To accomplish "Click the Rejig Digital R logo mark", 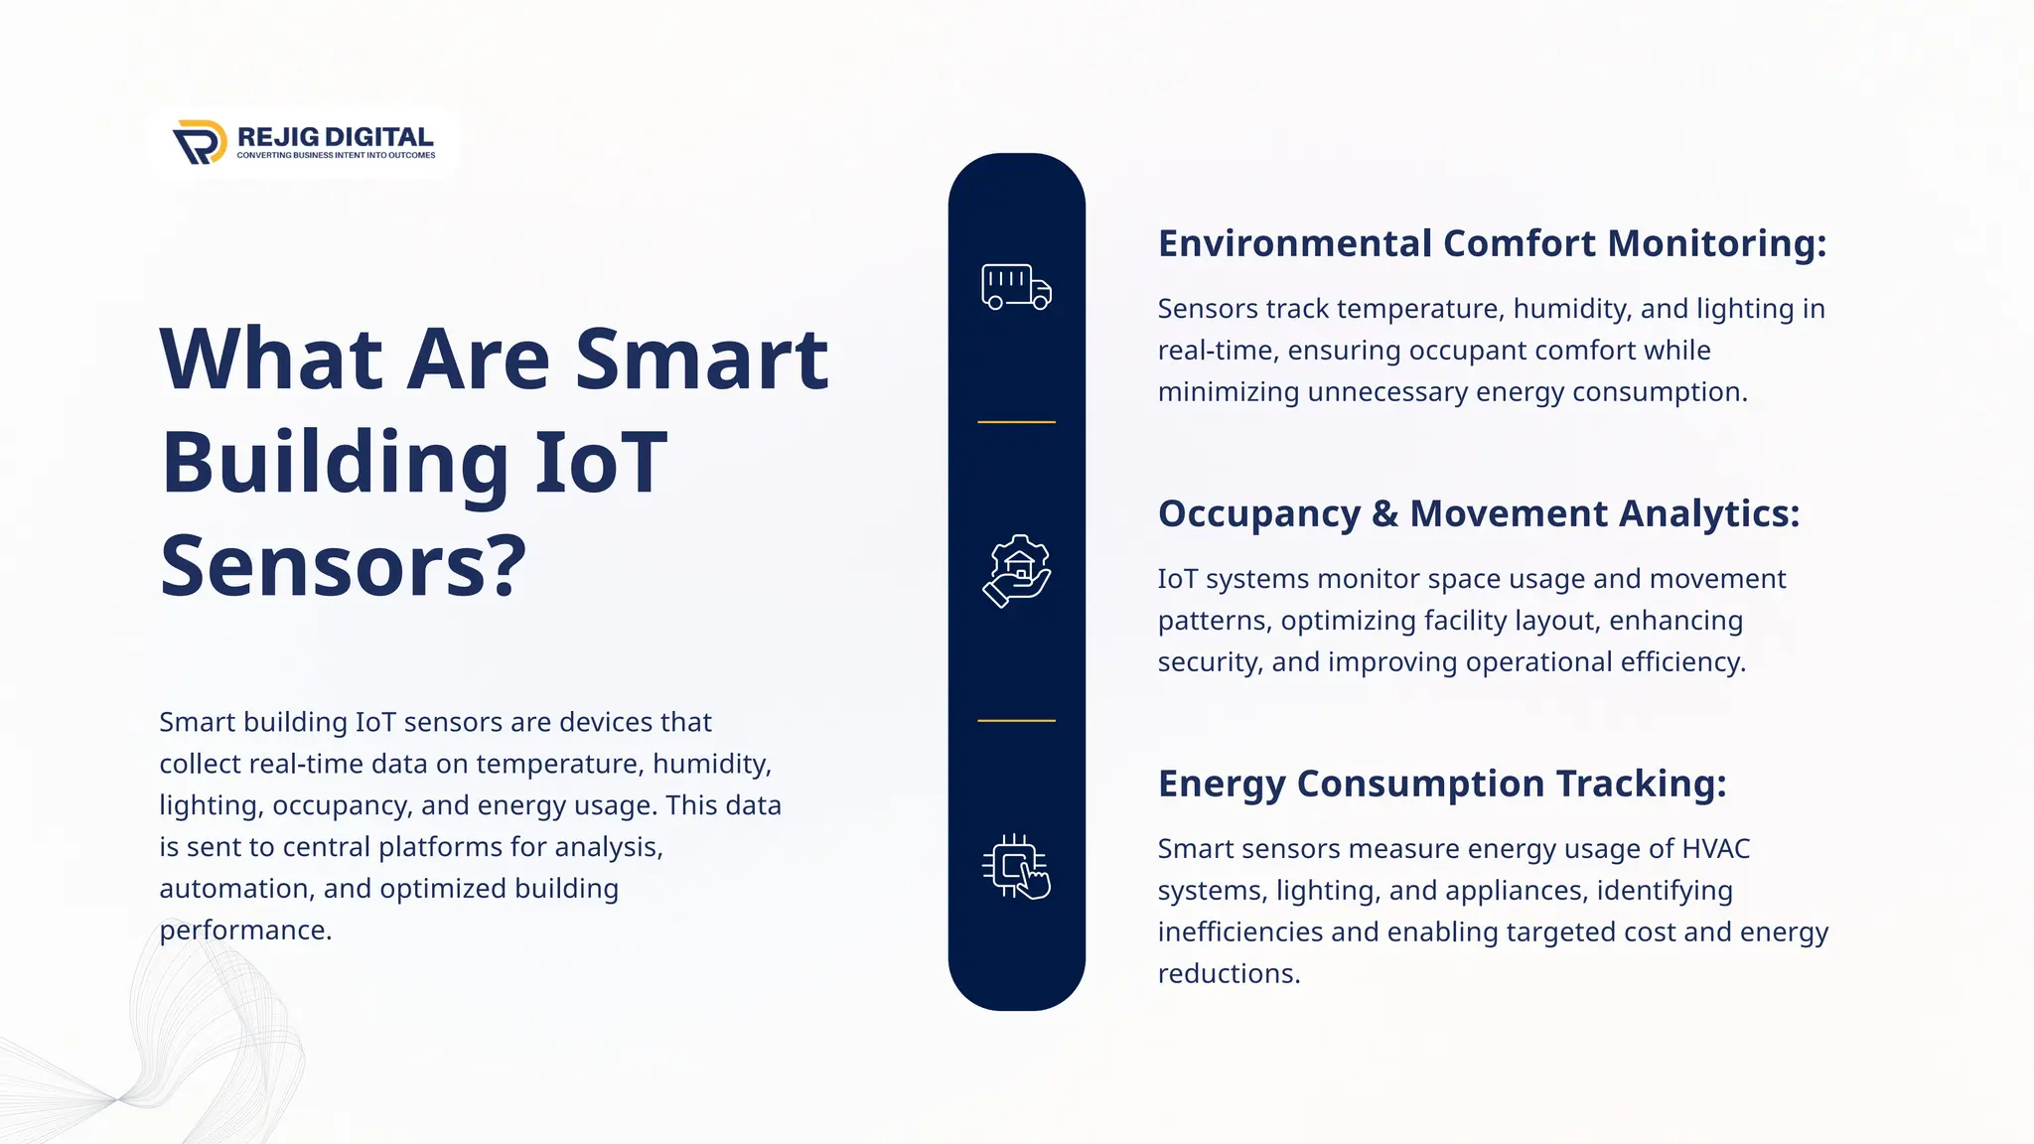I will pyautogui.click(x=200, y=142).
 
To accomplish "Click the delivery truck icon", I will pyautogui.click(x=1016, y=287).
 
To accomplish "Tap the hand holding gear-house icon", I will pyautogui.click(x=1016, y=571).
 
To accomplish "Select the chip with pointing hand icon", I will pyautogui.click(x=1016, y=867).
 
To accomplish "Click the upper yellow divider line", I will pyautogui.click(x=1016, y=422).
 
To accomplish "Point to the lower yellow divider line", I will pyautogui.click(x=1016, y=720).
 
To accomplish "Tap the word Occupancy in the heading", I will pyautogui.click(x=1258, y=514).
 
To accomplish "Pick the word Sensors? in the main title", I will pyautogui.click(x=343, y=566).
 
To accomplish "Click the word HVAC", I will pyautogui.click(x=1715, y=849).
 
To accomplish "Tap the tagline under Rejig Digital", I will pyautogui.click(x=336, y=155).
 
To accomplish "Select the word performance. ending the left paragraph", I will pyautogui.click(x=245, y=930).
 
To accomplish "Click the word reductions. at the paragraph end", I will pyautogui.click(x=1229, y=974).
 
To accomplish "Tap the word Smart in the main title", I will pyautogui.click(x=701, y=358).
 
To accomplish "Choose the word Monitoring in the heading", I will pyautogui.click(x=1716, y=243).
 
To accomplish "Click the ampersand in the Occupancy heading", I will pyautogui.click(x=1384, y=514).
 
